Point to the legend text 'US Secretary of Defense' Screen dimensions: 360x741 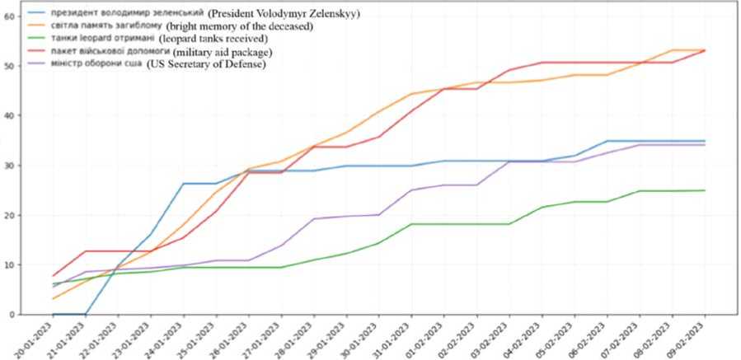click(207, 65)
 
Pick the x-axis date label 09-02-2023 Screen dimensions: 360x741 click(689, 338)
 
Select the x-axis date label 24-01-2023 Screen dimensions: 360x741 click(168, 338)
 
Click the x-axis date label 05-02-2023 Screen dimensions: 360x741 click(559, 338)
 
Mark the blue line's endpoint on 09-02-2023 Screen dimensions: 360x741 click(705, 141)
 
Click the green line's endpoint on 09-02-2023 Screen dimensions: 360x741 click(705, 190)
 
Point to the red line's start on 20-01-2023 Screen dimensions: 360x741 click(54, 276)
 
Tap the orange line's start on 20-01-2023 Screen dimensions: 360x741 click(54, 298)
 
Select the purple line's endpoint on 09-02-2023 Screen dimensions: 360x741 click(705, 145)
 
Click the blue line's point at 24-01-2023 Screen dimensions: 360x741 click(184, 184)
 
